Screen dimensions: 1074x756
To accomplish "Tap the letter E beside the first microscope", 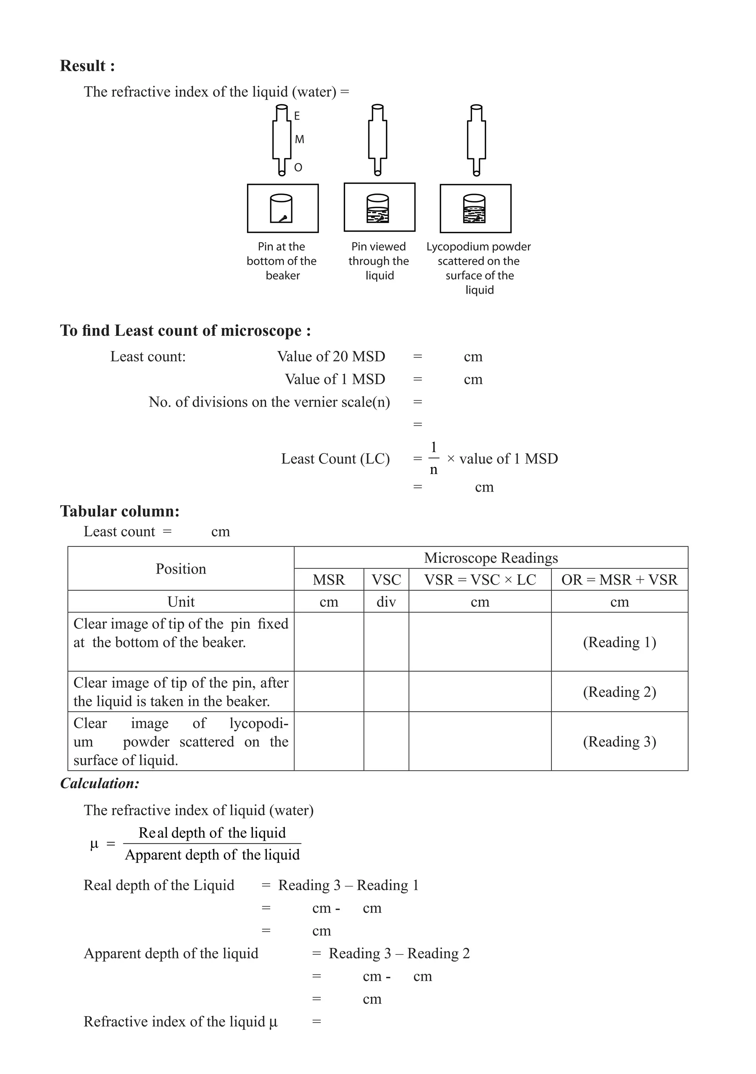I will click(x=296, y=116).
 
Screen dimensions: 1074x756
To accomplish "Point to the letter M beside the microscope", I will click(x=299, y=140).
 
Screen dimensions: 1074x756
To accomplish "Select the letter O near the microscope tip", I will click(x=298, y=168).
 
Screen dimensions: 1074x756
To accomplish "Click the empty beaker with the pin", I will click(x=282, y=209).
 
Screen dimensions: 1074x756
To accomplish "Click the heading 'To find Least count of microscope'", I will click(x=185, y=331).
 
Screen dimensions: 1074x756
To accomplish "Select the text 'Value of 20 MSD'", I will click(x=331, y=357).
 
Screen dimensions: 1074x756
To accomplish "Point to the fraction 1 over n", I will click(x=434, y=458).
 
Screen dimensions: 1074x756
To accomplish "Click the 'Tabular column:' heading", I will click(x=120, y=511).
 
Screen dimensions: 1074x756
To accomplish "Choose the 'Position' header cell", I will click(x=181, y=569).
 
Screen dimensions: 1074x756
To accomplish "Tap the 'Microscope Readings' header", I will click(x=491, y=558).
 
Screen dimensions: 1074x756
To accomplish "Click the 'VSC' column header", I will click(x=386, y=579).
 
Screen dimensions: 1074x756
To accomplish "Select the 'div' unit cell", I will click(x=386, y=602).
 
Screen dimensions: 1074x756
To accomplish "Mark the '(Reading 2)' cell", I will click(x=619, y=692).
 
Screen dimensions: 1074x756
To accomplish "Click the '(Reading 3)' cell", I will click(x=619, y=741).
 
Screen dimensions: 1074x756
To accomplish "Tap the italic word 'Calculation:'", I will click(x=100, y=784).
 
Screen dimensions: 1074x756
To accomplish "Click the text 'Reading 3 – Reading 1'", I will click(x=348, y=885).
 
